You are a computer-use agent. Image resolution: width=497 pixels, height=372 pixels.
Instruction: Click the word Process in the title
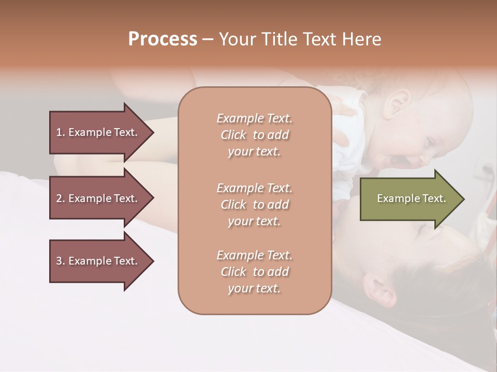[163, 39]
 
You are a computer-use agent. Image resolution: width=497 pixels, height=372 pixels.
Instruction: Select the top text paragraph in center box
[254, 135]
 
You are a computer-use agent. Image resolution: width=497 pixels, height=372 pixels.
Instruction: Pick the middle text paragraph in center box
[254, 205]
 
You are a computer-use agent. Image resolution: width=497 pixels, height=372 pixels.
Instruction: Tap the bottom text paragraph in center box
[254, 272]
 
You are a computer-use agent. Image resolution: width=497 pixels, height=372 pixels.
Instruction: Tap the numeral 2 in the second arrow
[59, 198]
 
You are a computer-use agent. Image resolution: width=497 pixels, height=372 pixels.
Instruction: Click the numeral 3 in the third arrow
[59, 261]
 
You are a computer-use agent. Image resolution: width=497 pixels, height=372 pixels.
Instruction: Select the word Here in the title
[362, 39]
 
